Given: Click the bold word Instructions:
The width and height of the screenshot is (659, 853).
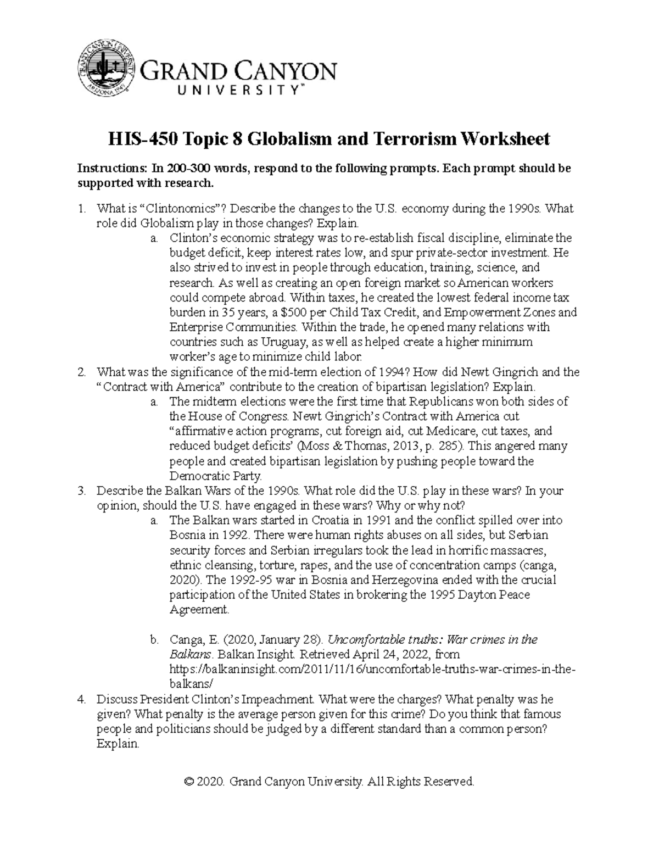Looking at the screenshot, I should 109,169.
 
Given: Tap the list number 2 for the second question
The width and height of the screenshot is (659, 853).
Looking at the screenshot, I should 81,372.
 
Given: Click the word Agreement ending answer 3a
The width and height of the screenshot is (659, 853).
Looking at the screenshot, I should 198,610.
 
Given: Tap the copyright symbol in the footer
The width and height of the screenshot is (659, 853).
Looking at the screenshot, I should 190,782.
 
